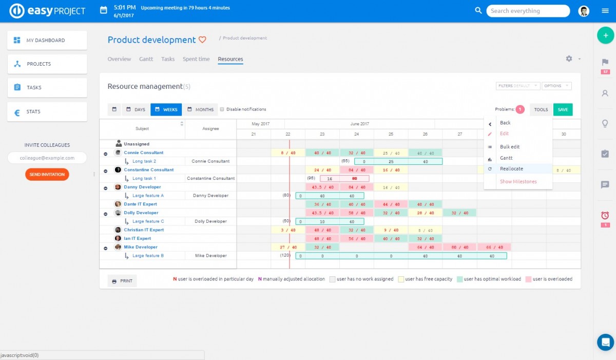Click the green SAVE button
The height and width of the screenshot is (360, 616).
[x=563, y=109]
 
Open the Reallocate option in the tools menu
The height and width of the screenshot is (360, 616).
[x=511, y=169]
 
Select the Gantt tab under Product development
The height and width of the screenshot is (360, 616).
[x=146, y=59]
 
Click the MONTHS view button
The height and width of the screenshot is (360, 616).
[x=200, y=109]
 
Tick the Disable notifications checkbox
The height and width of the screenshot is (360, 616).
[x=222, y=109]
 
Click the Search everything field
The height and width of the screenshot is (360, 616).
[x=528, y=11]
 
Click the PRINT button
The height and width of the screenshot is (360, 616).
[x=122, y=281]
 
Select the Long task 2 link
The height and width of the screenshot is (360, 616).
[x=144, y=161]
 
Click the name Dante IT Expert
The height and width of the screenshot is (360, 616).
[x=140, y=204]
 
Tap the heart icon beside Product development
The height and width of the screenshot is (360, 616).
[x=202, y=40]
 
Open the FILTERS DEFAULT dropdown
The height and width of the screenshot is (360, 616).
[x=517, y=86]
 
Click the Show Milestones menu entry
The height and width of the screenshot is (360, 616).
[x=518, y=182]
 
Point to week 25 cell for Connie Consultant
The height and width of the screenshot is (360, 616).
[x=391, y=153]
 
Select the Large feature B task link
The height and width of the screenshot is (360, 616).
[x=148, y=255]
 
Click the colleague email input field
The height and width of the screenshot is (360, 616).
[x=47, y=158]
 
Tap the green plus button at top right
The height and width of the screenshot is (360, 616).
[x=605, y=35]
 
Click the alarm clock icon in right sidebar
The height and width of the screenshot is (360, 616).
[x=605, y=215]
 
